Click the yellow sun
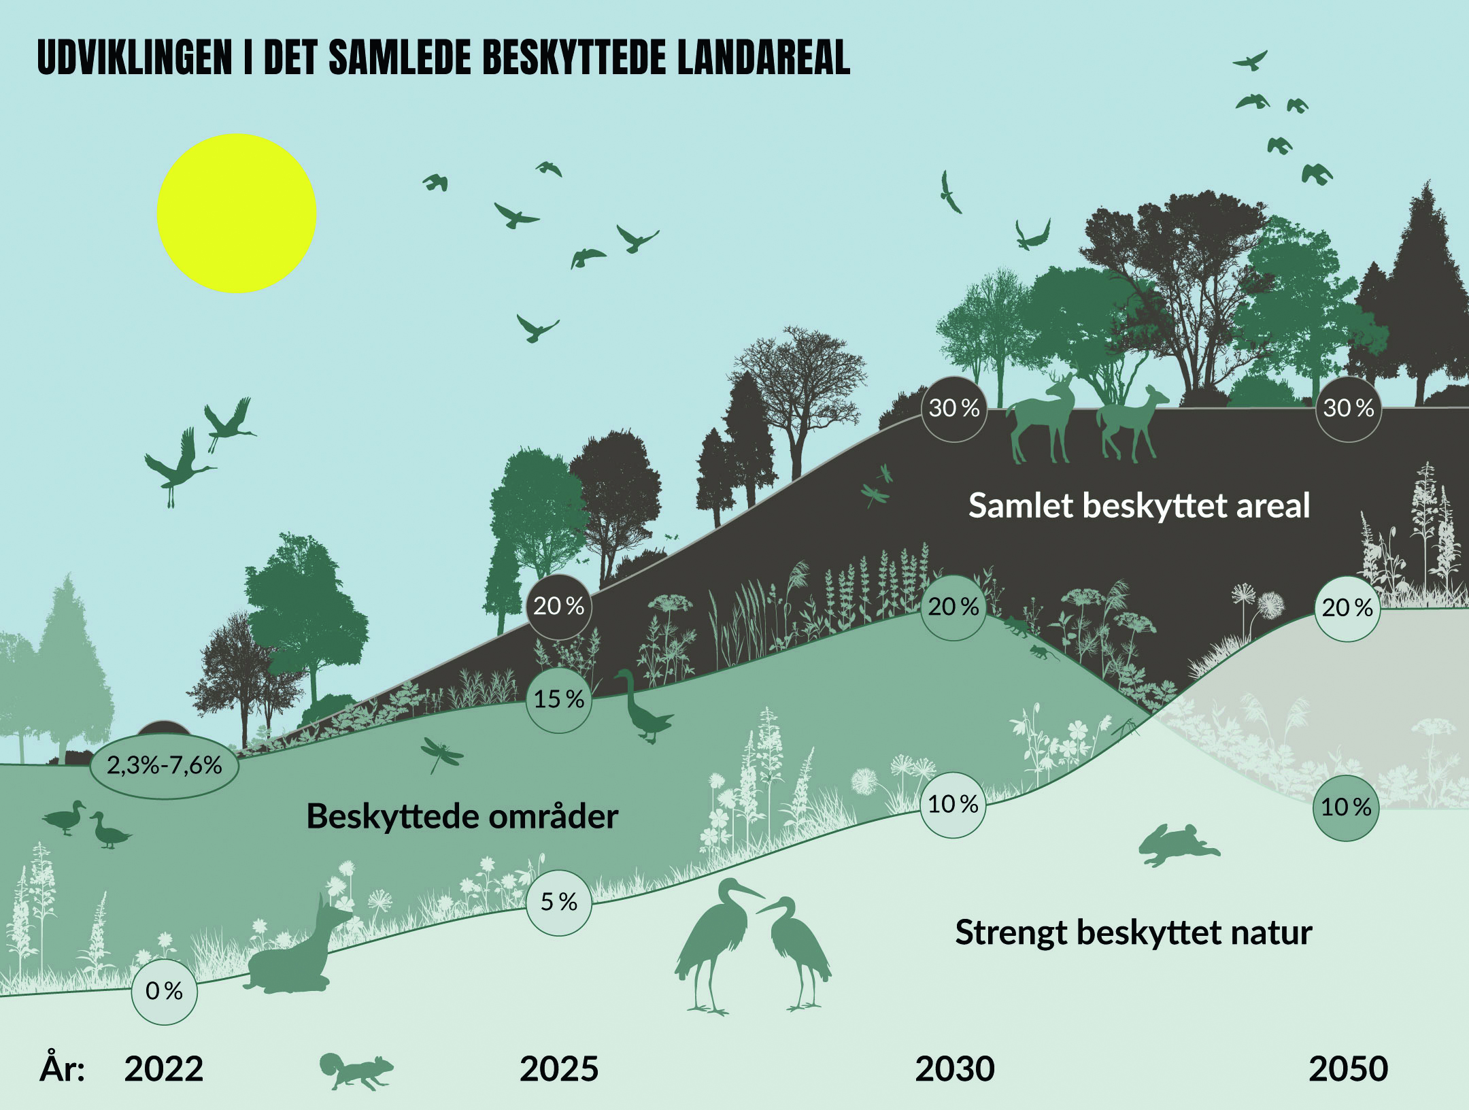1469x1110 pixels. pos(237,214)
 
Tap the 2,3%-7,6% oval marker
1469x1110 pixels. pos(165,765)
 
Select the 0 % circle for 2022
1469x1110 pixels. pos(164,991)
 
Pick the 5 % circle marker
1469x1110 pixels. pos(559,903)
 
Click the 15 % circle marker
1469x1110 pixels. pos(559,699)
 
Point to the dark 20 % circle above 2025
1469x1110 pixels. pos(559,606)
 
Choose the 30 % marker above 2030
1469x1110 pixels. pos(954,409)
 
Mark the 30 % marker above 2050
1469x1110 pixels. pos(1349,409)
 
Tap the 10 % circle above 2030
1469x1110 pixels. pos(953,805)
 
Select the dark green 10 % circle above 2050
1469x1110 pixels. pos(1347,807)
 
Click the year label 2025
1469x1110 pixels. pos(559,1069)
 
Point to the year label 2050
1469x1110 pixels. pos(1349,1069)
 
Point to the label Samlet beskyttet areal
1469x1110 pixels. pos(1139,506)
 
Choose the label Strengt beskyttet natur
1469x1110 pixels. pos(1134,932)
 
